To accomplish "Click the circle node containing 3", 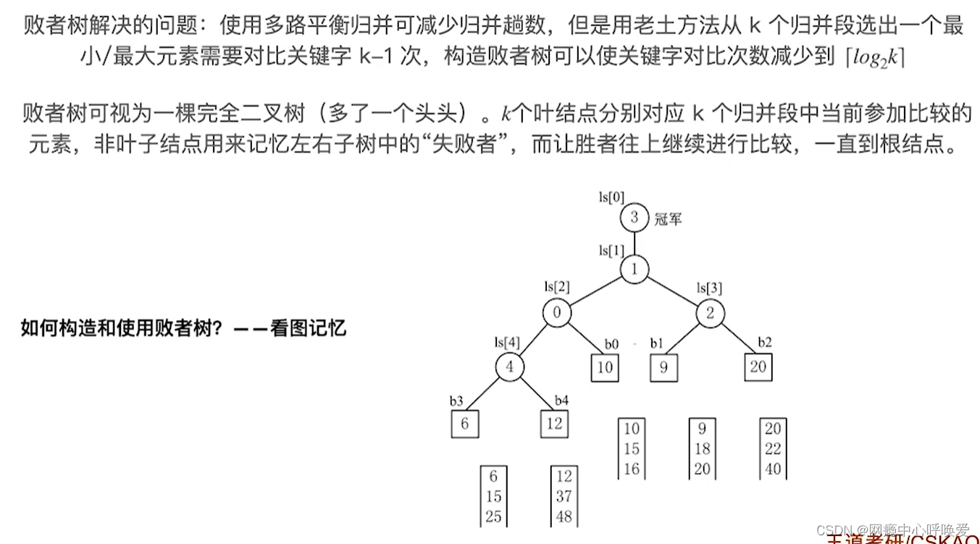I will click(635, 217).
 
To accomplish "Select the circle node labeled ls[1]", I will click(635, 269).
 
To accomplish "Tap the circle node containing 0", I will click(556, 314).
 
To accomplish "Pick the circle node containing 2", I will click(711, 314).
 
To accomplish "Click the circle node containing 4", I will click(510, 367).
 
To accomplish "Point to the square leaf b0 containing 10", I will click(605, 367).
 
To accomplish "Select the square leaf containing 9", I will click(663, 367).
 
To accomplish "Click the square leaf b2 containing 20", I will click(758, 367).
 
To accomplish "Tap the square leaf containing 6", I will click(464, 424).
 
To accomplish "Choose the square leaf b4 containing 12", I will click(554, 424).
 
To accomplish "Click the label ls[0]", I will click(611, 197).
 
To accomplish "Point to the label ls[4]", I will click(507, 342).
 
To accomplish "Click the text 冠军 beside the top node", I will click(668, 218).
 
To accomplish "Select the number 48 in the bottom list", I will click(564, 517).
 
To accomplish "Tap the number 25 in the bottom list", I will click(493, 517).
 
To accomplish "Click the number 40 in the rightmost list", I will click(773, 469).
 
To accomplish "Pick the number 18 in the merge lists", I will click(702, 449).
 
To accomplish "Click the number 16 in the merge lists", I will click(632, 469).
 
